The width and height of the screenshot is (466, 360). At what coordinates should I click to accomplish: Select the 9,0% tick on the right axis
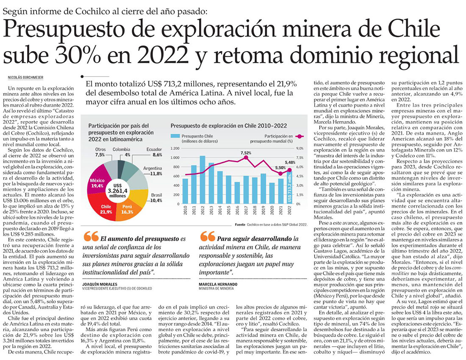click(x=299, y=149)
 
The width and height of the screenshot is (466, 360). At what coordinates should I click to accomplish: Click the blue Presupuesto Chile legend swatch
click(x=175, y=136)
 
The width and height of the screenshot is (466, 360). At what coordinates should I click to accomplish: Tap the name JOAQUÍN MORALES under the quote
click(x=98, y=283)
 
